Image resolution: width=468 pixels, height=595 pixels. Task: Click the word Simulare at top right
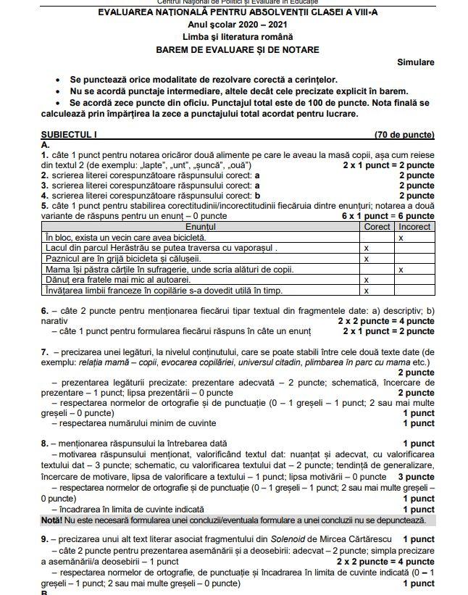tap(415, 62)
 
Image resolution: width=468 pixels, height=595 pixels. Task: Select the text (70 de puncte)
tap(404, 135)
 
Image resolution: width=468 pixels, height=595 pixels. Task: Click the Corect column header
tap(377, 227)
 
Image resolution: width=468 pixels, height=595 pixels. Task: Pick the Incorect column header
tap(414, 227)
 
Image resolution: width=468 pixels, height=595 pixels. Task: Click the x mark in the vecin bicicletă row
tap(401, 238)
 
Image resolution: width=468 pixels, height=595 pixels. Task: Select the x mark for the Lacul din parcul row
tap(366, 248)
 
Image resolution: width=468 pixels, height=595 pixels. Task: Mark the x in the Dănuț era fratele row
tap(366, 280)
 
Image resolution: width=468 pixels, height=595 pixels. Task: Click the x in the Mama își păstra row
tap(401, 270)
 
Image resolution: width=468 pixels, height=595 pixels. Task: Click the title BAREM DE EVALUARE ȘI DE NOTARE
tap(237, 50)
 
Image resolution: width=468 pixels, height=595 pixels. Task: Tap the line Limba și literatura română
tap(237, 37)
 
